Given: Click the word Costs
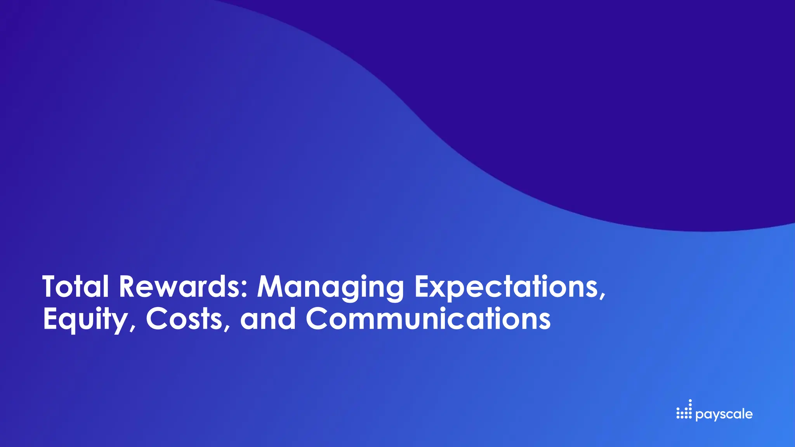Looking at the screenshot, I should click(184, 319).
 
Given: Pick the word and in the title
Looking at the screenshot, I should click(268, 319).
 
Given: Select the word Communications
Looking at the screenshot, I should click(428, 319).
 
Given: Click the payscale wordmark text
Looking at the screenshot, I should click(724, 414).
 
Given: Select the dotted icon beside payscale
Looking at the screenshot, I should click(684, 410).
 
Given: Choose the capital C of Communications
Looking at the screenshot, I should click(319, 319).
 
